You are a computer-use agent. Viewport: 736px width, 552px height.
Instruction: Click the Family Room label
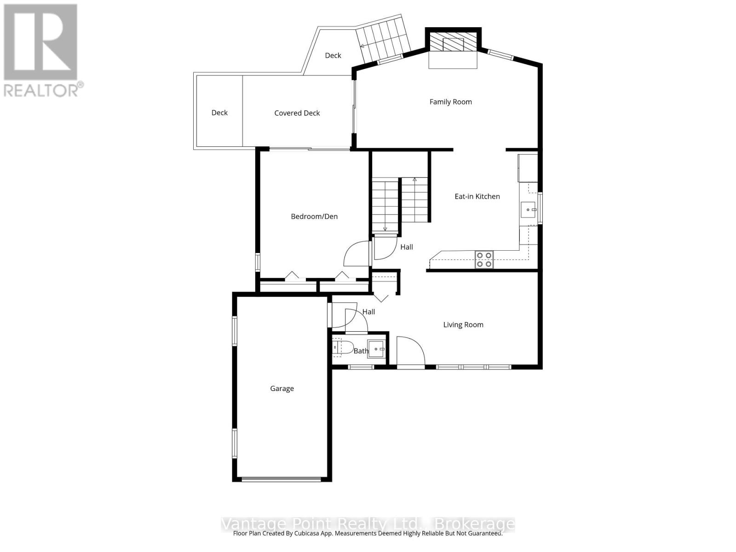point(450,102)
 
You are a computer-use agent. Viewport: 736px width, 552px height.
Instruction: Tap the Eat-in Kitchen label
point(477,196)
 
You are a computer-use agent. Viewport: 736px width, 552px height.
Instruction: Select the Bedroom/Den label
point(314,216)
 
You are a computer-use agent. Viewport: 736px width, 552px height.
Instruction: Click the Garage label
point(282,389)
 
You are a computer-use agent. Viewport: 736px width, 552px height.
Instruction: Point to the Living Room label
point(463,325)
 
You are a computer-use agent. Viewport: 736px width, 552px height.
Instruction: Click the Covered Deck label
point(297,113)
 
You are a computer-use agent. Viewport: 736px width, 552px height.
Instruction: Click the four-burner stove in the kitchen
point(484,259)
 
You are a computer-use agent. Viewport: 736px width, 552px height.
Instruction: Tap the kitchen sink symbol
point(529,210)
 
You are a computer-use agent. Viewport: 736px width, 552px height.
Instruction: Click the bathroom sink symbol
point(376,349)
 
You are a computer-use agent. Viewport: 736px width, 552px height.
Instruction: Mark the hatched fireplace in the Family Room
point(453,41)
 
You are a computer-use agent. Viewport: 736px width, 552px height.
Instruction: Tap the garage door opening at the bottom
point(281,480)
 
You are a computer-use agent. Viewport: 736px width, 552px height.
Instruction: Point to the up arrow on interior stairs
point(414,179)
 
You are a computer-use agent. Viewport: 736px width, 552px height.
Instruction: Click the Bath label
point(361,351)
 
